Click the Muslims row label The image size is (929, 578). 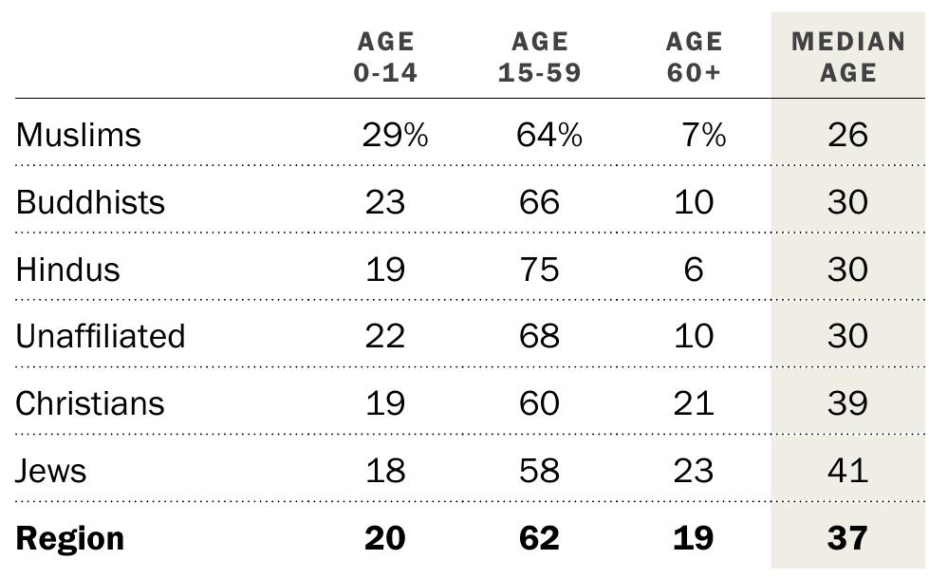(79, 135)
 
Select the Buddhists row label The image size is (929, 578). (90, 202)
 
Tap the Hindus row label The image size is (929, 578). (68, 270)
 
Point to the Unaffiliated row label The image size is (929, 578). (101, 336)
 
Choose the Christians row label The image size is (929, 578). (90, 403)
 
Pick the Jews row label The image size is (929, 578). (51, 471)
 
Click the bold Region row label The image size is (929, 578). (70, 538)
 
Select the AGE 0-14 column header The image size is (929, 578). (385, 57)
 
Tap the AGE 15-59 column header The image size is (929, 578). (539, 57)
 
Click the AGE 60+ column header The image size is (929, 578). (694, 57)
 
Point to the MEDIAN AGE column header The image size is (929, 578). (848, 57)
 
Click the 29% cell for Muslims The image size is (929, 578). (395, 135)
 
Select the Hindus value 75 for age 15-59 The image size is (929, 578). (539, 270)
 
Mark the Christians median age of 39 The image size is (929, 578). (847, 403)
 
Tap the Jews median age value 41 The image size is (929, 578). (847, 471)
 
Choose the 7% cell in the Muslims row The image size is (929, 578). (703, 135)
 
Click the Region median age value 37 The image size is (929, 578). (847, 538)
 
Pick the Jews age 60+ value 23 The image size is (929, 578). (694, 471)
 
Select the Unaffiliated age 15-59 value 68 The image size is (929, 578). (539, 336)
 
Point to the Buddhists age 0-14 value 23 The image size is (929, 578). (385, 202)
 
